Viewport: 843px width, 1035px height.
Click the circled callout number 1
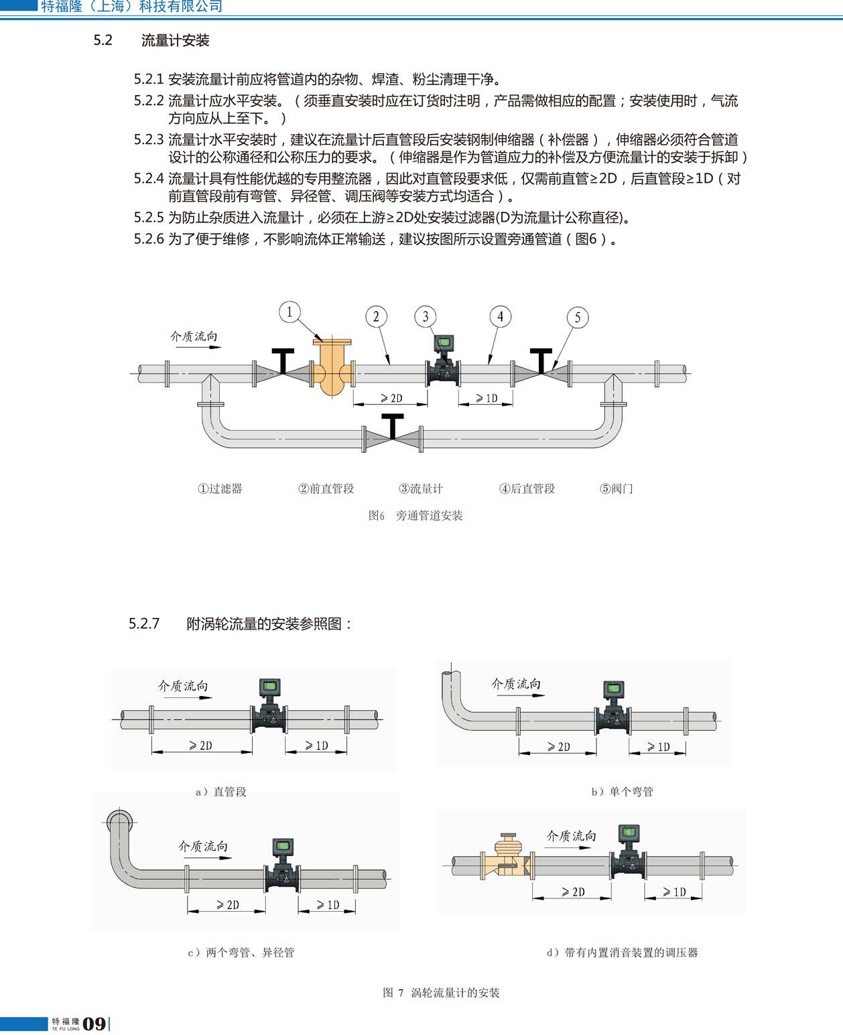[289, 312]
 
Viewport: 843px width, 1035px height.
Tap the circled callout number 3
[426, 316]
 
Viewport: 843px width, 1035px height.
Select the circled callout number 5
[578, 318]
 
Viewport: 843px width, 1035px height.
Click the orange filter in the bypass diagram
[332, 366]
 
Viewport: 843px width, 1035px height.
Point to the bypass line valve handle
[393, 425]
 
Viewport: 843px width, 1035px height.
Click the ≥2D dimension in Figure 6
[391, 399]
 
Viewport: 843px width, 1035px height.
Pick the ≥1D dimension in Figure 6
[487, 399]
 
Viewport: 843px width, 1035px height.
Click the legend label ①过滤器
[220, 488]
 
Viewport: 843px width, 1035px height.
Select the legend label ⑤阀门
[616, 488]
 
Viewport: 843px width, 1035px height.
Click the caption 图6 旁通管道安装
[415, 516]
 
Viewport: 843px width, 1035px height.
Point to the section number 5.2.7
[144, 624]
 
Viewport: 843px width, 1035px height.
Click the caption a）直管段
[221, 792]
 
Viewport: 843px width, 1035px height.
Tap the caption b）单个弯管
[623, 792]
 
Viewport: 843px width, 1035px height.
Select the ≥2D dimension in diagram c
[227, 905]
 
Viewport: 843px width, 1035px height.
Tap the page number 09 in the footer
[94, 1024]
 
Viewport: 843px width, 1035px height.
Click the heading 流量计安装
[175, 40]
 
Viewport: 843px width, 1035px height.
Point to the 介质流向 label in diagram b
[516, 684]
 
